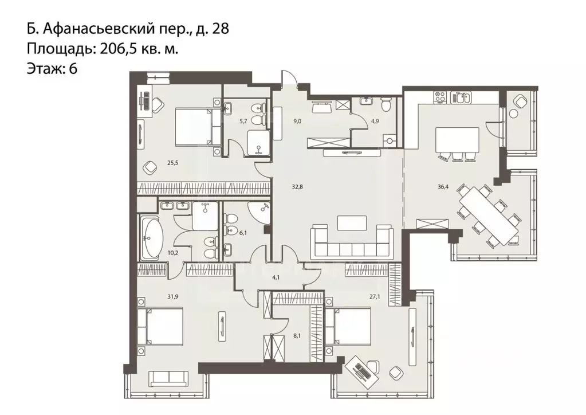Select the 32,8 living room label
click(296, 185)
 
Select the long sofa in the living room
click(352, 242)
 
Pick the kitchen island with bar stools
click(457, 140)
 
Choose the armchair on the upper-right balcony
click(520, 103)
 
